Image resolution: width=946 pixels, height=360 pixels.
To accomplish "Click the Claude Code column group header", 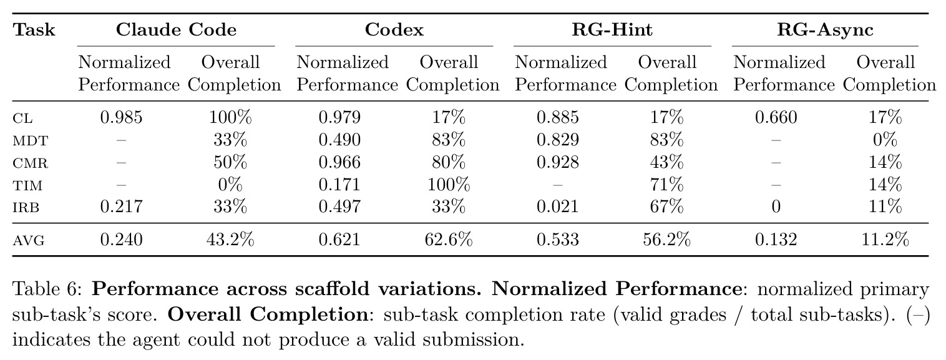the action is pos(176,29).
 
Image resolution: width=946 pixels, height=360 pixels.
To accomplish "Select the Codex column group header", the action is pos(394,29).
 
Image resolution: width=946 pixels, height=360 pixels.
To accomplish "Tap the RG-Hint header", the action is pos(612,29).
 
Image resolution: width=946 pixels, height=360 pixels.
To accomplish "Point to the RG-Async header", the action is pos(825,30).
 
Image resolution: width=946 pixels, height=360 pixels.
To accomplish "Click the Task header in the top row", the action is pos(34,29).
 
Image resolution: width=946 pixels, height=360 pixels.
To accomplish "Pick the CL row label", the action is pos(22,118).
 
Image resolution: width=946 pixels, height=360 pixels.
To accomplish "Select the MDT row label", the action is pos(31,140).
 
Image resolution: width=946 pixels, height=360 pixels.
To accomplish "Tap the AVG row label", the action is pos(28,241).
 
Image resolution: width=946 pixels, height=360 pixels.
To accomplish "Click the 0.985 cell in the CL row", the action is pos(121,117).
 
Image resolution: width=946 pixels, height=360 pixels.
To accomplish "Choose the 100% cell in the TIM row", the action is pos(449,185).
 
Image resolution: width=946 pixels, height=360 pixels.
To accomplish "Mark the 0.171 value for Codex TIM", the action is pos(339,185).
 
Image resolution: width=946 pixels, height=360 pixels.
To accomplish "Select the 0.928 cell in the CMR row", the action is pos(557,162).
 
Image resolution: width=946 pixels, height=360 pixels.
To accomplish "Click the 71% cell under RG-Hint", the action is pos(666,185).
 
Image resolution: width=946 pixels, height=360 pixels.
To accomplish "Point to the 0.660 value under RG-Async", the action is pos(776,117).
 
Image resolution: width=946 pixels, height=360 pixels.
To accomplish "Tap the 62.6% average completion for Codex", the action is pos(449,240).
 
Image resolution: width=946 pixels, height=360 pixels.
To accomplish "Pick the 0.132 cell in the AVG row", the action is pos(776,240).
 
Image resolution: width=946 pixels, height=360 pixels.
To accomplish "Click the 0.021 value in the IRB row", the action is pos(557,207).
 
